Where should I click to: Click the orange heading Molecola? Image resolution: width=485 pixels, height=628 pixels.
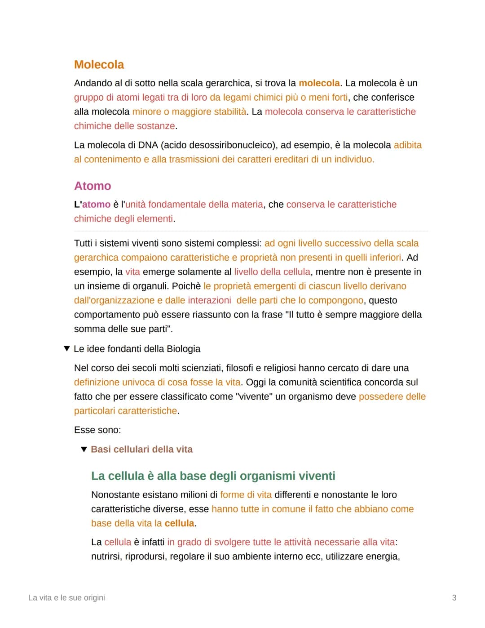point(99,65)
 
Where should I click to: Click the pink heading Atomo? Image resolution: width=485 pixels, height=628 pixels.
point(93,186)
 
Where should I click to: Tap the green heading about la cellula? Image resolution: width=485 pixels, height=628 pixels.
point(213,476)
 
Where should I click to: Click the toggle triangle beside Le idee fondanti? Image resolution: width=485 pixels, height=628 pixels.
point(67,349)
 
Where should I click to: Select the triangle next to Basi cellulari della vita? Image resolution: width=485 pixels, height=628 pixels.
point(84,450)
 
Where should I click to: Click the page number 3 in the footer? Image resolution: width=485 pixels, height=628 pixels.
point(454,598)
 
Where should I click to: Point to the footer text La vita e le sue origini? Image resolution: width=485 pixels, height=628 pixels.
point(66,598)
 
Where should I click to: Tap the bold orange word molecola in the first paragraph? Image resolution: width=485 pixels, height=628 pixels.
point(319,83)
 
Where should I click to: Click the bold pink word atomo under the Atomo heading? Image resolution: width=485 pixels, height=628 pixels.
point(96,205)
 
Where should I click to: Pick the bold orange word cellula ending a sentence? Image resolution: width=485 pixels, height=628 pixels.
point(179,523)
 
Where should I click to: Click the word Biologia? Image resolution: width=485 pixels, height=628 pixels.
point(183,349)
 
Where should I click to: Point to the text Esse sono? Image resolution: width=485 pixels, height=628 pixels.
point(97,430)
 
